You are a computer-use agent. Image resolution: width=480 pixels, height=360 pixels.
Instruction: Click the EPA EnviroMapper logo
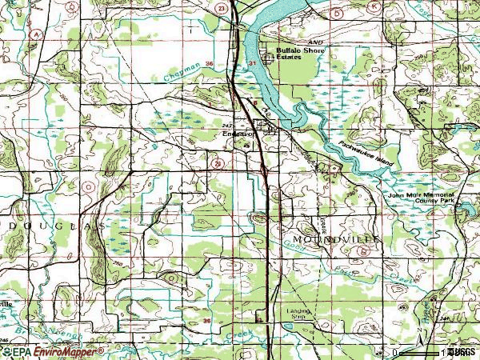pos(52,351)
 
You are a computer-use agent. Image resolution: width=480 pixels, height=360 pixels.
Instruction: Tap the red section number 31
pos(253,62)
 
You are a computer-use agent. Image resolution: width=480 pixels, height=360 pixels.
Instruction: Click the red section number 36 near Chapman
pos(209,62)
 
